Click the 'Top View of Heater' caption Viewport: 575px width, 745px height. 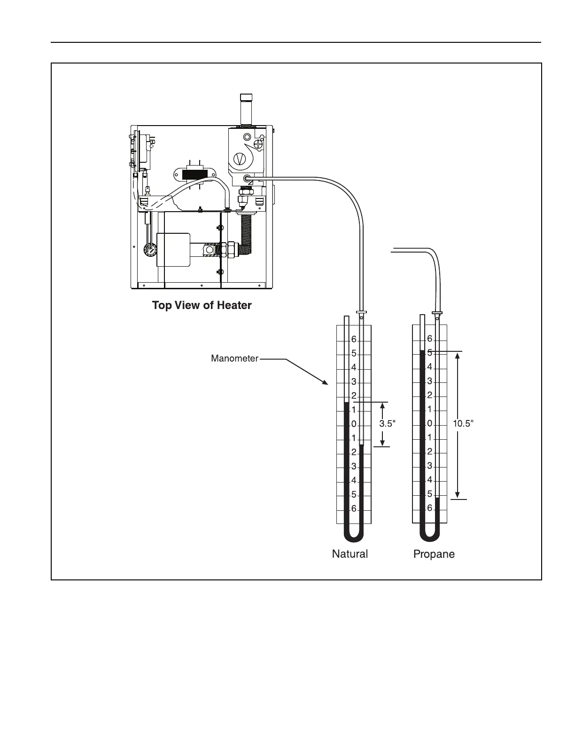(x=202, y=305)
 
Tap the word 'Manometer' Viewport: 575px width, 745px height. (x=234, y=359)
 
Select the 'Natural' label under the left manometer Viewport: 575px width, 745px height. (x=350, y=554)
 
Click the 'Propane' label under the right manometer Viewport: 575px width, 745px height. (x=434, y=555)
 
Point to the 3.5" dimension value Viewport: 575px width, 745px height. (x=387, y=424)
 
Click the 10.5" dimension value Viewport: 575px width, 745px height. (x=463, y=423)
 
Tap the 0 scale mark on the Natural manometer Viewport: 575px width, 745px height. (x=354, y=424)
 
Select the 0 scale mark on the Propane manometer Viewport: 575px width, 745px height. (x=429, y=424)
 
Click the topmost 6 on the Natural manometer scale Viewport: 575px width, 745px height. (x=354, y=340)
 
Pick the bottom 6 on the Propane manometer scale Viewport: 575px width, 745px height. (x=429, y=508)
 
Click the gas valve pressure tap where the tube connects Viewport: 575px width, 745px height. (x=247, y=178)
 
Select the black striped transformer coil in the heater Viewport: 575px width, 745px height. (x=194, y=174)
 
